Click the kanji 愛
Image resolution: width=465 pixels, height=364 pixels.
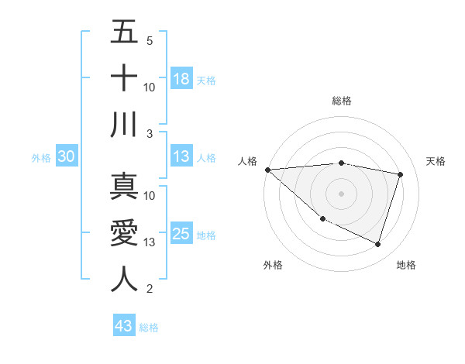coord(124,233)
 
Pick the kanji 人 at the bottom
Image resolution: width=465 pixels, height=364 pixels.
coord(124,280)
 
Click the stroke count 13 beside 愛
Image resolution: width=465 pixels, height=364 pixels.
coord(150,242)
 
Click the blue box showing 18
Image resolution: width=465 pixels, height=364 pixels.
coord(181,78)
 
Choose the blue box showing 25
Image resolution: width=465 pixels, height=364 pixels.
coord(181,234)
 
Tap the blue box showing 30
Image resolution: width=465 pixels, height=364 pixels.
coord(66,156)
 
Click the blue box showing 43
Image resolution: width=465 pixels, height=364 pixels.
coord(124,326)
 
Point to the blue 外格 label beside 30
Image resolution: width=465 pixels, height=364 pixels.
coord(41,157)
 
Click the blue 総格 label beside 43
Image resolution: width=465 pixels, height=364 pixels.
coord(149,327)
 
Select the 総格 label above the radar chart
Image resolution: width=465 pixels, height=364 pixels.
coord(341,101)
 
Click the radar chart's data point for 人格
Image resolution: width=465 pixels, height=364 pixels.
coord(267,170)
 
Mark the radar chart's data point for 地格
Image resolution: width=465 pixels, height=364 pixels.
coord(377,244)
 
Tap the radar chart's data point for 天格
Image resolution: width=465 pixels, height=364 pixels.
coord(401,174)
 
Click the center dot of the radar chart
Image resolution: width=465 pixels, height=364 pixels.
coord(341,193)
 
